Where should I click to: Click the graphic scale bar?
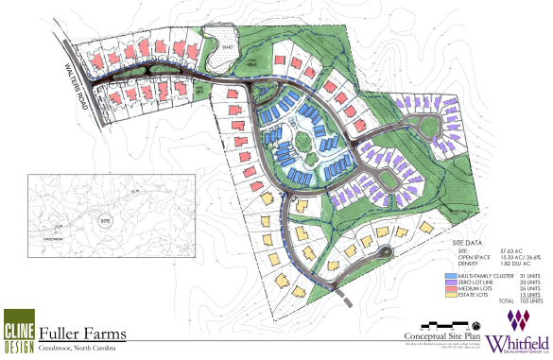click(x=443, y=343)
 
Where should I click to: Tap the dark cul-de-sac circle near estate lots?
click(x=384, y=251)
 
